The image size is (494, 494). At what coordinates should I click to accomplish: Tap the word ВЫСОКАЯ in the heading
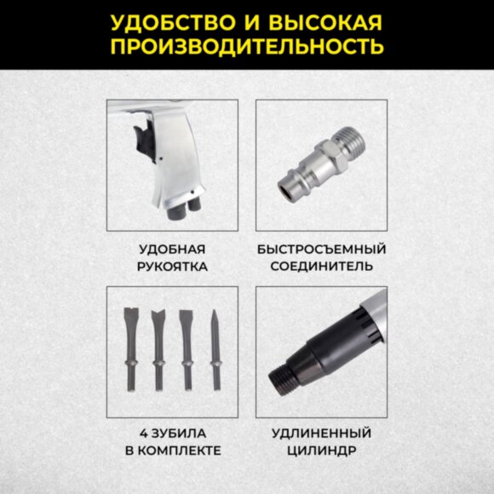(x=323, y=21)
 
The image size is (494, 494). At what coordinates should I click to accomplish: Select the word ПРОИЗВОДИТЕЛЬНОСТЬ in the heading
(x=246, y=45)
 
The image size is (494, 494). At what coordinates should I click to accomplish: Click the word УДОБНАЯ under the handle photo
(x=173, y=250)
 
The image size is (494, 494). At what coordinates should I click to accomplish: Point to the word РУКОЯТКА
(x=173, y=267)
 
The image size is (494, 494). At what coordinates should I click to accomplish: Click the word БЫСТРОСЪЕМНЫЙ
(x=321, y=250)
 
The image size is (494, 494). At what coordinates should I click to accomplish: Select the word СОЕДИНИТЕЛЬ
(x=321, y=267)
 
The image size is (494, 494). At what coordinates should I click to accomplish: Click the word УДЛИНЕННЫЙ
(x=321, y=434)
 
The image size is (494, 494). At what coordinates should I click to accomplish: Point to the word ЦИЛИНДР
(x=321, y=451)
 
